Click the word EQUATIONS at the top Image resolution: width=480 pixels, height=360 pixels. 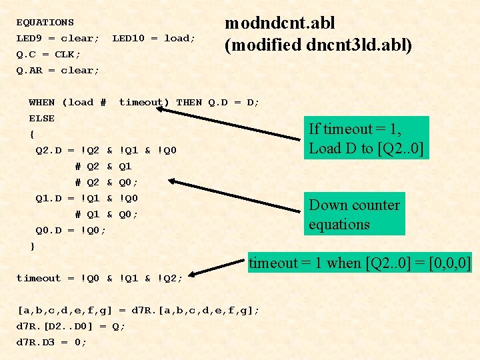coord(45,22)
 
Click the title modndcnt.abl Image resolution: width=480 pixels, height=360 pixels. coord(279,23)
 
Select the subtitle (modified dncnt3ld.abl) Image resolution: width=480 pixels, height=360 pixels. coord(318,45)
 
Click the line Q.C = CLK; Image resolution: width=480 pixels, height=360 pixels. coord(48,54)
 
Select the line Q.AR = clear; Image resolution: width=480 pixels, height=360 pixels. coord(57,70)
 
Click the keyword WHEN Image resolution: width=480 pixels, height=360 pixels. coord(41,102)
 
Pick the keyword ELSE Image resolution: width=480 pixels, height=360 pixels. coord(41,118)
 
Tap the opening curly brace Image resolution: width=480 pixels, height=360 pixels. coord(32,134)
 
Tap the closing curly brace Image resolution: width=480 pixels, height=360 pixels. coord(32,246)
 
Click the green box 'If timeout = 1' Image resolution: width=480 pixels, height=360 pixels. coord(365,139)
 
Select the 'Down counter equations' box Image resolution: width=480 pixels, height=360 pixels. coord(355,215)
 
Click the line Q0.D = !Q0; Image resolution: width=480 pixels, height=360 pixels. coord(71,230)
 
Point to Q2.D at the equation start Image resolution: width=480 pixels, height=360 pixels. coord(48,150)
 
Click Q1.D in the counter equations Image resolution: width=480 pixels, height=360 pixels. coord(48,198)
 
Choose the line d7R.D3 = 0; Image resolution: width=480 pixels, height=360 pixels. coord(51,342)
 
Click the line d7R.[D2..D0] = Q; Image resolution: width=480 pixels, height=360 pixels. coord(70,326)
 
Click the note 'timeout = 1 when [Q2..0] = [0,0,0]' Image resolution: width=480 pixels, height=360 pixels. coord(360,263)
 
